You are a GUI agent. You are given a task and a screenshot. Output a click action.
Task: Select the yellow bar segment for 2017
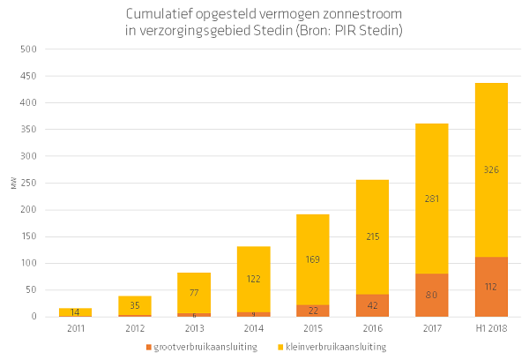click(x=431, y=176)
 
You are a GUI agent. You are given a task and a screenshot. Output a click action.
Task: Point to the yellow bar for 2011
click(x=74, y=311)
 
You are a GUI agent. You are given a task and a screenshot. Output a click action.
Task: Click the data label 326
click(x=491, y=169)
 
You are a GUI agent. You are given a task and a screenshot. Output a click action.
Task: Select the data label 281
click(x=431, y=199)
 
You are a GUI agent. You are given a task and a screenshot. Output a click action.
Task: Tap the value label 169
click(x=312, y=260)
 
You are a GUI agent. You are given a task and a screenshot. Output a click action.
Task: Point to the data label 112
click(x=491, y=286)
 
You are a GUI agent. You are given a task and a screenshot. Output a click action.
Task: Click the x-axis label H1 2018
click(x=491, y=329)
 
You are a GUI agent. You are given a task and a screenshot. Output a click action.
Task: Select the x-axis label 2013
click(x=193, y=329)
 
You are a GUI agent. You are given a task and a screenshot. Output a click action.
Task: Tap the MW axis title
click(x=13, y=184)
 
